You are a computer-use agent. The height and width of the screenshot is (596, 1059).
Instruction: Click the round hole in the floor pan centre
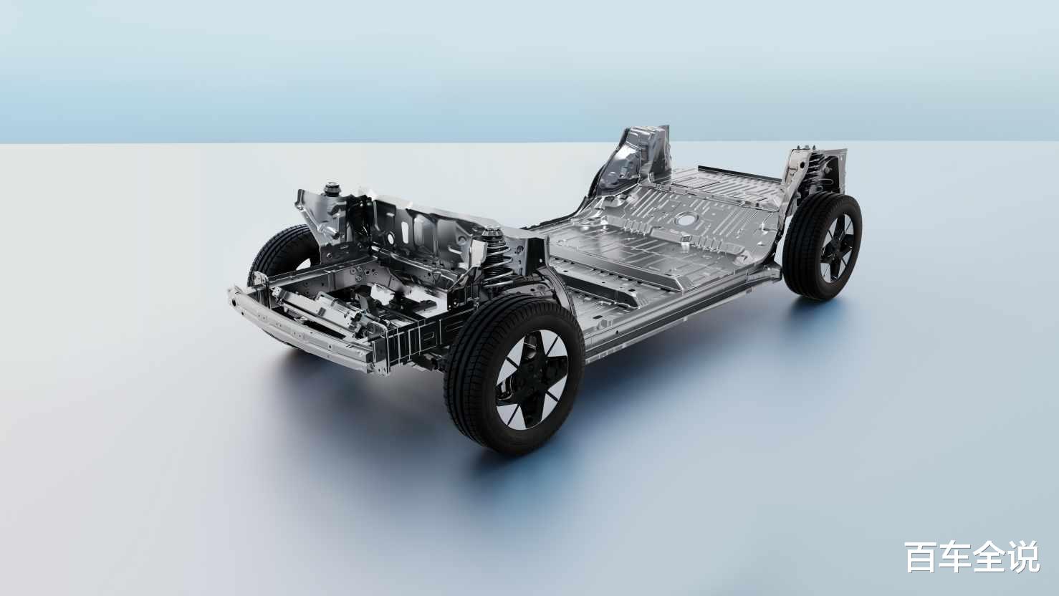click(x=684, y=219)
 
